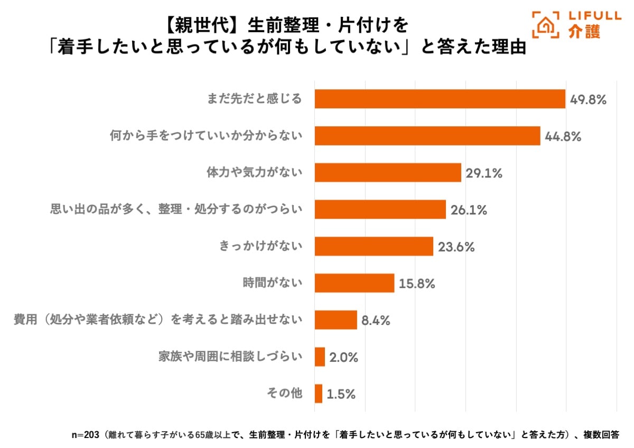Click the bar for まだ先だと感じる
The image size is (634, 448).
[440, 99]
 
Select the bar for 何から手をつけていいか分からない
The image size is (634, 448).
[427, 136]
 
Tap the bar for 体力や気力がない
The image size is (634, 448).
[388, 172]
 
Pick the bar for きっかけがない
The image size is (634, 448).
[374, 246]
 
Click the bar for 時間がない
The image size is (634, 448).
[355, 283]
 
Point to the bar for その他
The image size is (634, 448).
[318, 394]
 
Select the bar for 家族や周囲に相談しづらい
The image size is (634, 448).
[320, 357]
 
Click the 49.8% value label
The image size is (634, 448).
[588, 99]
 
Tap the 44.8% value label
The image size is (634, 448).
[563, 136]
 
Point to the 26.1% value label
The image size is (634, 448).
[469, 210]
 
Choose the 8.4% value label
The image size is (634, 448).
[376, 321]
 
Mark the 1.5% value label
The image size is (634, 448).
[341, 394]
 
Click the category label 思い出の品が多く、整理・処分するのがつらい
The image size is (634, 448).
[176, 210]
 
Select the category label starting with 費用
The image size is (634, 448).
[158, 320]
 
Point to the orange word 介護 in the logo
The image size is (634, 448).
[584, 32]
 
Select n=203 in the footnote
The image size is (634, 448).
[85, 435]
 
